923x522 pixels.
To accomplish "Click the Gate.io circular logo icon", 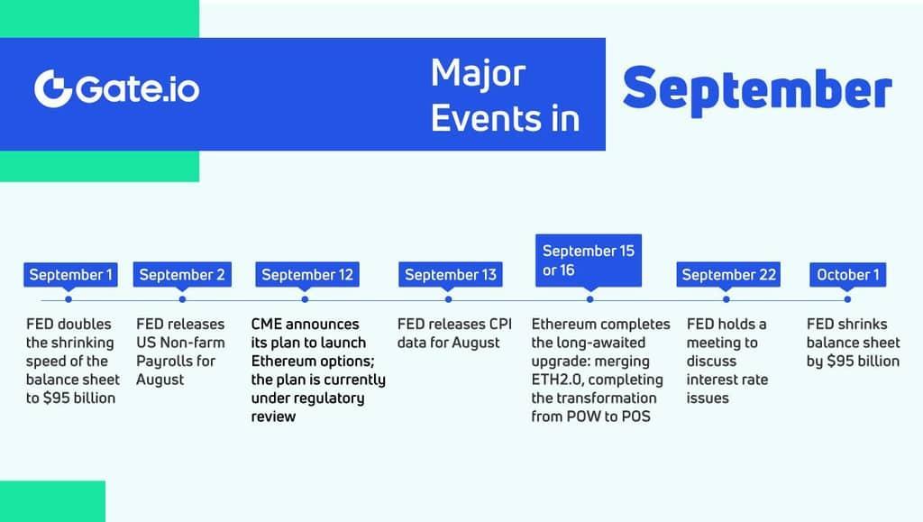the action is click(53, 89).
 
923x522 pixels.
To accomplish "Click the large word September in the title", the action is click(757, 90).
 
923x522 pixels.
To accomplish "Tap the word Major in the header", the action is click(478, 74).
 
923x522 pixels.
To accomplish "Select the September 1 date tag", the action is click(70, 274).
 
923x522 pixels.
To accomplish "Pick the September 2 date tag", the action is click(182, 274).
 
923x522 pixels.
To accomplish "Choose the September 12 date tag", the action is click(307, 274).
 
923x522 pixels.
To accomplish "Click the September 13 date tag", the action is click(451, 274).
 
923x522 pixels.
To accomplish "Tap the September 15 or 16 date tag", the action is click(589, 261).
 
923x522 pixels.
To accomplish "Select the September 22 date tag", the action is click(728, 274).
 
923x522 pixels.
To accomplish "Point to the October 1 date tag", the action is click(847, 274).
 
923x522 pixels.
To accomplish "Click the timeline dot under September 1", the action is click(69, 299).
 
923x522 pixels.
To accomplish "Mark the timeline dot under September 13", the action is click(449, 299).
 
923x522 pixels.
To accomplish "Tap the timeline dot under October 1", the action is click(847, 299).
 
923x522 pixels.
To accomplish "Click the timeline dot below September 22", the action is click(727, 299).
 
